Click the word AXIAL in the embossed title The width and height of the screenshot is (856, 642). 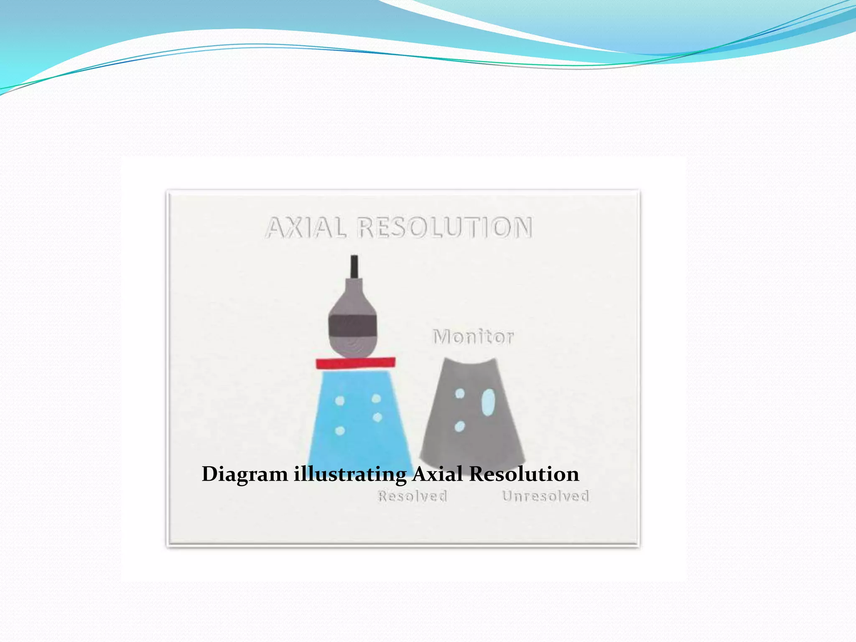tap(306, 228)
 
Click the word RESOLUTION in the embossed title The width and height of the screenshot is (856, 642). tap(446, 228)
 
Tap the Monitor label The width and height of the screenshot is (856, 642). tap(473, 337)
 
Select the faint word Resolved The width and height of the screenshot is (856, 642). tap(413, 496)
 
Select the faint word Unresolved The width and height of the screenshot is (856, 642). tap(545, 496)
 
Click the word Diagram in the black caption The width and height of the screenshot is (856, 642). tap(245, 474)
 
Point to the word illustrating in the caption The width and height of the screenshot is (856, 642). tap(350, 474)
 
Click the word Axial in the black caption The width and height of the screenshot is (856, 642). tap(438, 474)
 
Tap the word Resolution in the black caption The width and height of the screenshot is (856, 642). tap(524, 474)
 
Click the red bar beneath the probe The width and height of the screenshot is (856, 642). tap(355, 363)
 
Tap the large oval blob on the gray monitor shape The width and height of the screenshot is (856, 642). tap(488, 402)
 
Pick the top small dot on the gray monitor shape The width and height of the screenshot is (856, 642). tap(460, 393)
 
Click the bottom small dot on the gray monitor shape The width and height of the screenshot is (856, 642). tap(459, 426)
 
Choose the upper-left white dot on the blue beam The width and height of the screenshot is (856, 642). tap(340, 401)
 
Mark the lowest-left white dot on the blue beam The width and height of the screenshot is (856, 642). tap(340, 431)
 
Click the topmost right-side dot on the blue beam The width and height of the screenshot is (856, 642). tap(376, 399)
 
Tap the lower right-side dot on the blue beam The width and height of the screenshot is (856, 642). tap(377, 417)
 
